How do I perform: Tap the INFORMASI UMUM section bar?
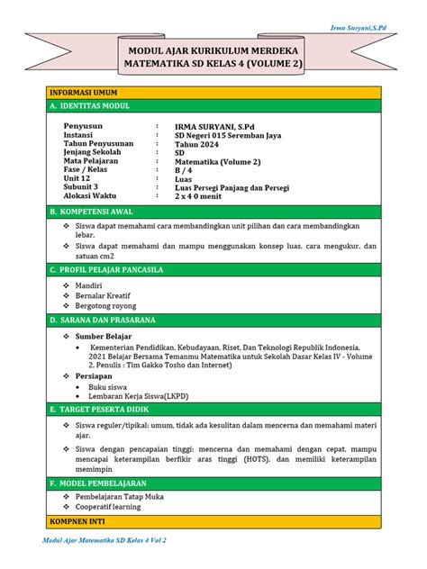83,93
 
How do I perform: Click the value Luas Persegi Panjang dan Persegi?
236,187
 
